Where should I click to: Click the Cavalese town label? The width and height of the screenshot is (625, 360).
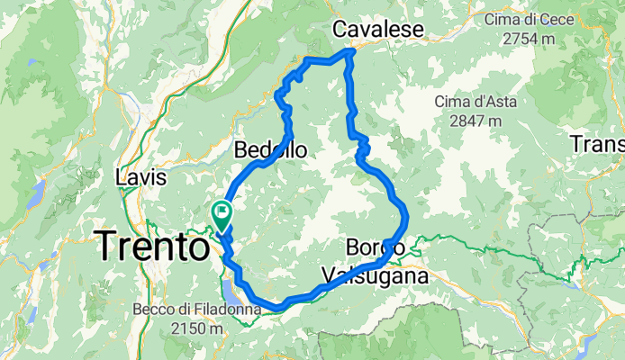377,30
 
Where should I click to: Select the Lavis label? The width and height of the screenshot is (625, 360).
140,178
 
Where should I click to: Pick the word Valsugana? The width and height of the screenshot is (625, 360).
373,274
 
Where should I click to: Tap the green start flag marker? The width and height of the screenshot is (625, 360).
221,212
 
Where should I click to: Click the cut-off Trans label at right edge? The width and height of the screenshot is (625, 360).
598,143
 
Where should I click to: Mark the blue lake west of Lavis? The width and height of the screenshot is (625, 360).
37,191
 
